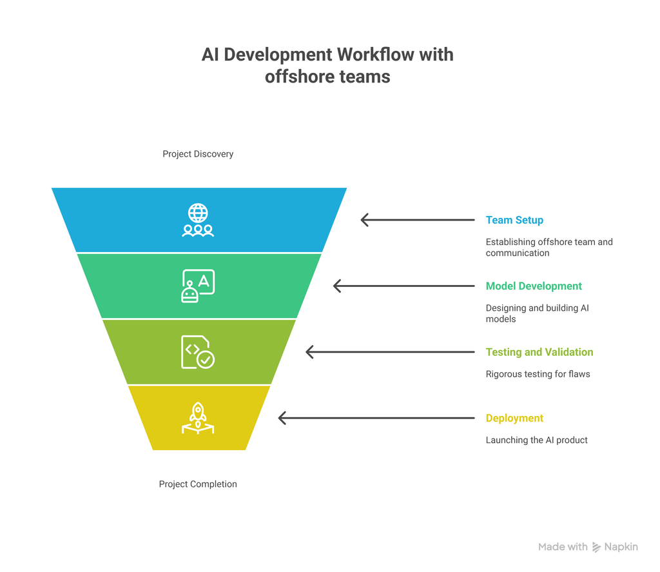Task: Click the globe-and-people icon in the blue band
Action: [198, 220]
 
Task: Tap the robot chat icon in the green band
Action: [198, 286]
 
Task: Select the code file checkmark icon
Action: [198, 352]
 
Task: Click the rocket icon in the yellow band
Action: [198, 418]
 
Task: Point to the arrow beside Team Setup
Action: [417, 220]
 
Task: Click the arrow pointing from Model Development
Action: [403, 286]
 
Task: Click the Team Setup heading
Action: [514, 220]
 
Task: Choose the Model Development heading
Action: [534, 286]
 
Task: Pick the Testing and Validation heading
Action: [539, 352]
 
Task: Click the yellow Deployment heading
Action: [514, 418]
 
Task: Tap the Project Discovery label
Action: [198, 154]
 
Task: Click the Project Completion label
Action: [198, 484]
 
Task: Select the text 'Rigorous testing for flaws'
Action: [538, 374]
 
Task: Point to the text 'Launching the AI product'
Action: [536, 440]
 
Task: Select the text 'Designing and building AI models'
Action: [537, 313]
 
